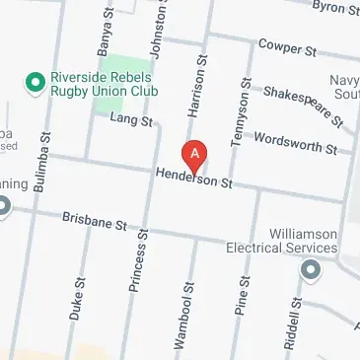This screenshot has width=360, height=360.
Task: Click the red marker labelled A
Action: coord(195,155)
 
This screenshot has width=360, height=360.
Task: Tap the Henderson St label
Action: coord(192,179)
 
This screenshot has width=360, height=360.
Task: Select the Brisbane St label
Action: coord(96,221)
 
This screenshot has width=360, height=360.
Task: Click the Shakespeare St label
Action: coord(302,104)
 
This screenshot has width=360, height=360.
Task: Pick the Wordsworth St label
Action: coord(296,143)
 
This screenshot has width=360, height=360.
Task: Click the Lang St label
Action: coord(132,121)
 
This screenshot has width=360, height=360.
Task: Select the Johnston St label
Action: coord(153,30)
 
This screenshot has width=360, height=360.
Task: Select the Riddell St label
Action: coord(295,312)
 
